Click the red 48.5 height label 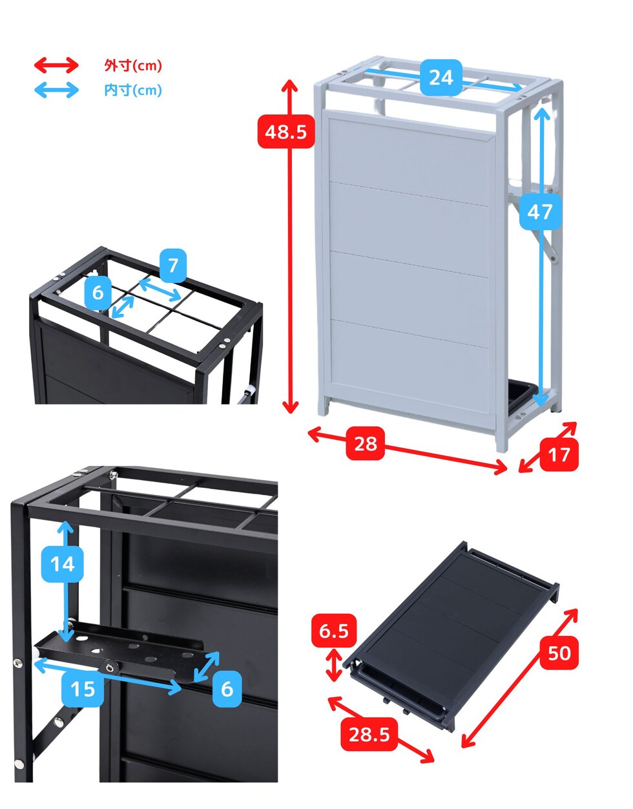coord(285,131)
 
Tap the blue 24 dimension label coord(441,78)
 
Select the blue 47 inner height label coord(540,211)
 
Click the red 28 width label coord(365,443)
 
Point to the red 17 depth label coord(559,454)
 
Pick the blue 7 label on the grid coord(173,266)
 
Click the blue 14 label coord(62,564)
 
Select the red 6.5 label coord(333,631)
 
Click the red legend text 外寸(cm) coord(133,65)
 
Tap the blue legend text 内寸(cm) coord(133,90)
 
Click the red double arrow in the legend coord(56,65)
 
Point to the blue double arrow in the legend coord(56,90)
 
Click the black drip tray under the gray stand coord(523,395)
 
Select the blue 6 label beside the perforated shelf coord(227,689)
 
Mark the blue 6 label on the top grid coord(98,293)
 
